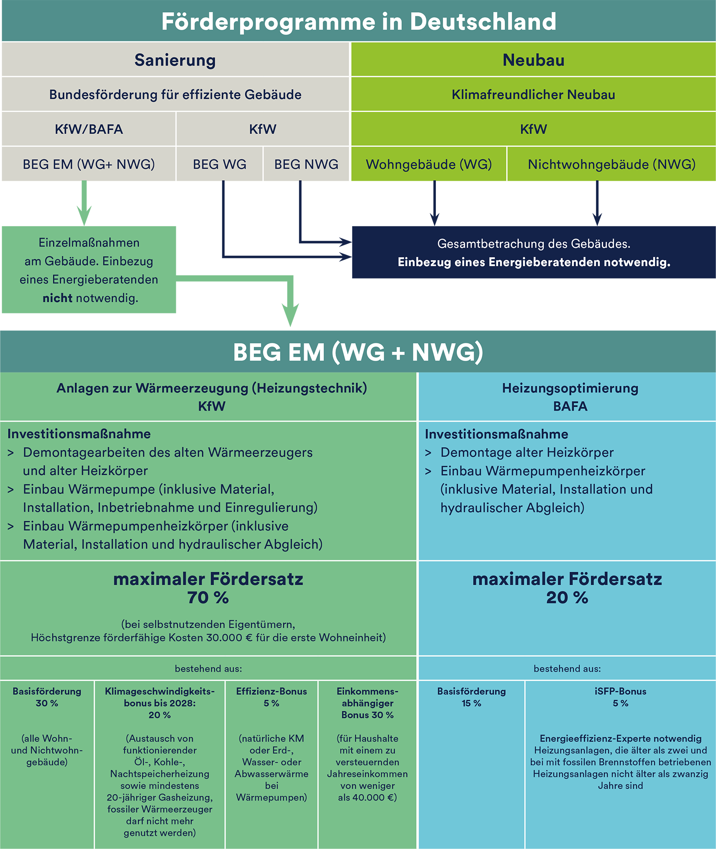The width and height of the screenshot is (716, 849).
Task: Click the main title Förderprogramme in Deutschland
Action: point(358,21)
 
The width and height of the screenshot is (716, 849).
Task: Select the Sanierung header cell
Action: point(175,60)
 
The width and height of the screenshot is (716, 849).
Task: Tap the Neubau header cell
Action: point(533,60)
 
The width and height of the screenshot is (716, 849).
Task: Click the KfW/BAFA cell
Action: point(89,129)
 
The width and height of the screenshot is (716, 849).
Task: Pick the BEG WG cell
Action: point(219,164)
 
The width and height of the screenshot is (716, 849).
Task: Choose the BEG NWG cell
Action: point(306,164)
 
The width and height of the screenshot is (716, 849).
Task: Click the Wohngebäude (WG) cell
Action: point(429,164)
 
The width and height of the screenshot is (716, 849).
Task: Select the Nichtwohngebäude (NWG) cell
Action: point(611,164)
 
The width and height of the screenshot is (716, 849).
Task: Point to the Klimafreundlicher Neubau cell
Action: point(533,95)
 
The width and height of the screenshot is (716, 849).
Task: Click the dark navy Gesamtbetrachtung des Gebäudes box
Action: point(533,252)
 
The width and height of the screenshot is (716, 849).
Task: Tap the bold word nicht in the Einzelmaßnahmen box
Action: point(57,298)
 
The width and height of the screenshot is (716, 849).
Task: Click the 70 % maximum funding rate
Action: point(208,598)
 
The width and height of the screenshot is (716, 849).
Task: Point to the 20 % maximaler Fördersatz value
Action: point(567,598)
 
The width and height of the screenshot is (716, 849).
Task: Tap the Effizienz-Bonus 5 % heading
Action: point(271,697)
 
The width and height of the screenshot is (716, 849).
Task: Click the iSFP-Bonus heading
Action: point(620,692)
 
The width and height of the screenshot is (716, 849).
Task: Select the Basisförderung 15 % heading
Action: point(471,697)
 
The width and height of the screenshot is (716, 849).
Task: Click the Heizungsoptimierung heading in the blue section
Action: point(570,388)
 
